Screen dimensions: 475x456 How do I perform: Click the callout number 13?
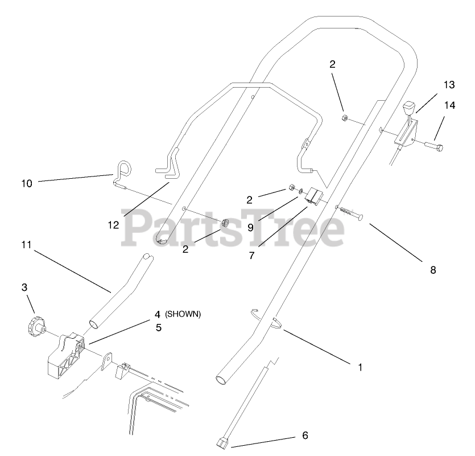tap(449, 85)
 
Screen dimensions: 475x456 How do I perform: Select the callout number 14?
tap(450, 105)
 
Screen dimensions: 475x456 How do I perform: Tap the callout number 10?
tap(27, 183)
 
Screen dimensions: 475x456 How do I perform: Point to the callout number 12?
tap(113, 224)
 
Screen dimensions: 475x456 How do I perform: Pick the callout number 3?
tap(24, 287)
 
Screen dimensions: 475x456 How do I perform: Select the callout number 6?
tap(305, 436)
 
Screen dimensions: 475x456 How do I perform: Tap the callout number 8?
tap(433, 270)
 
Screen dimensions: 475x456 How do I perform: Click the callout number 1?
tap(360, 367)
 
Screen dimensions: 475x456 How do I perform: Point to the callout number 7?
tap(251, 256)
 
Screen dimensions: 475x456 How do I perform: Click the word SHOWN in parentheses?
tap(183, 314)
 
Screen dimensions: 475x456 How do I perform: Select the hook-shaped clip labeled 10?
tap(122, 171)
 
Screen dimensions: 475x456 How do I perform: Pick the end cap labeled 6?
tap(223, 443)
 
